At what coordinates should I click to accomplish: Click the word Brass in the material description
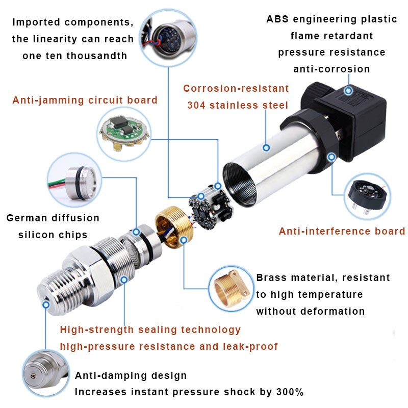pos(271,278)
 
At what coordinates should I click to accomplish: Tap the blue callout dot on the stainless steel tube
pos(266,148)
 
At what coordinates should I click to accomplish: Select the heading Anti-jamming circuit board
pos(85,100)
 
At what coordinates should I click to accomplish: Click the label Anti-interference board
pos(342,231)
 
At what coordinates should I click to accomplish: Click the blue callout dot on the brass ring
pos(183,239)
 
